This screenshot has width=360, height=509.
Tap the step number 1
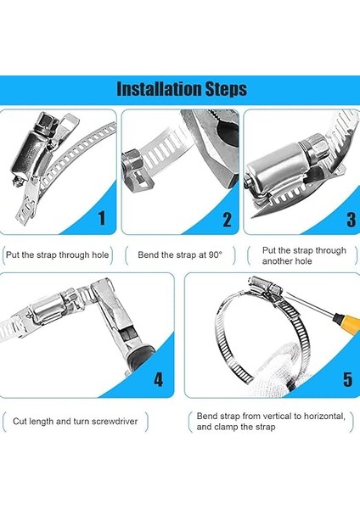(102, 218)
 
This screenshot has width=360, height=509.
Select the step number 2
(227, 220)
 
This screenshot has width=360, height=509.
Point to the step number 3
(352, 220)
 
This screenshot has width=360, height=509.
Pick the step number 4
(158, 379)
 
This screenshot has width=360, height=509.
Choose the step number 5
(347, 379)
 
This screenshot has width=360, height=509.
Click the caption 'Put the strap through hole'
(57, 255)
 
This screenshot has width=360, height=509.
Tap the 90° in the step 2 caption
(216, 255)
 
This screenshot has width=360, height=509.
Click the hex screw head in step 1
(46, 120)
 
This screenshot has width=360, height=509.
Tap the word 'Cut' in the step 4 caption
(20, 422)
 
